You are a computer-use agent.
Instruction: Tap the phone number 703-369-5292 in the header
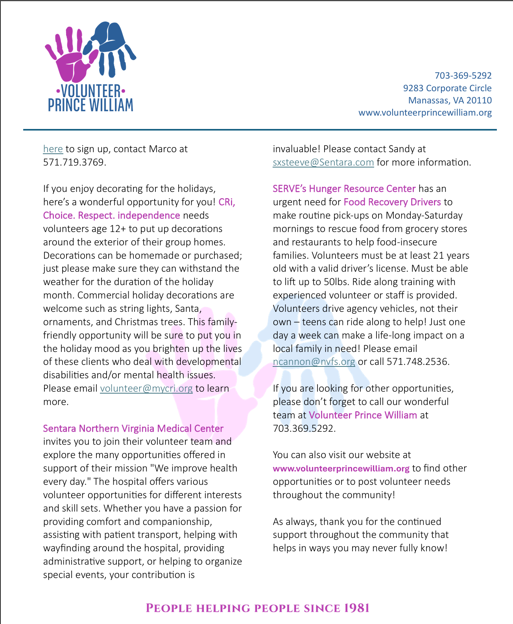tap(463, 75)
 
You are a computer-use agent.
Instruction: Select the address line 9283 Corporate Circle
tap(447, 88)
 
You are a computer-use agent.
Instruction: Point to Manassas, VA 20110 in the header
tap(450, 100)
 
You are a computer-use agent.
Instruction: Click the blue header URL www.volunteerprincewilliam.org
tap(425, 113)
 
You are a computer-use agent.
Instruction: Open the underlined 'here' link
tap(53, 149)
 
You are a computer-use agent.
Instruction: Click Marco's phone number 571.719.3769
tap(74, 162)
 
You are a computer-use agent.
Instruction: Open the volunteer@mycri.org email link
tap(146, 388)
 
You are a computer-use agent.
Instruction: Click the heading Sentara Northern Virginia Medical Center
tap(133, 429)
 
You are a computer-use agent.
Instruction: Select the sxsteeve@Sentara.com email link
tap(323, 162)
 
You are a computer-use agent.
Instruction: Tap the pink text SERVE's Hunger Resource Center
tap(344, 189)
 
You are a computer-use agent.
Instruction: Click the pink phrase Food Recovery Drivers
tap(392, 202)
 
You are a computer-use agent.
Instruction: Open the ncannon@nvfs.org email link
tap(314, 362)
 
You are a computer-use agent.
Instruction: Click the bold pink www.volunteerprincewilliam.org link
tap(341, 469)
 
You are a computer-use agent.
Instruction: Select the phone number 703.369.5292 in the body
tap(304, 429)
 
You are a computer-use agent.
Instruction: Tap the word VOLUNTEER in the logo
tap(91, 91)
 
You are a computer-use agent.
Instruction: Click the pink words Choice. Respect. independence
tap(111, 215)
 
